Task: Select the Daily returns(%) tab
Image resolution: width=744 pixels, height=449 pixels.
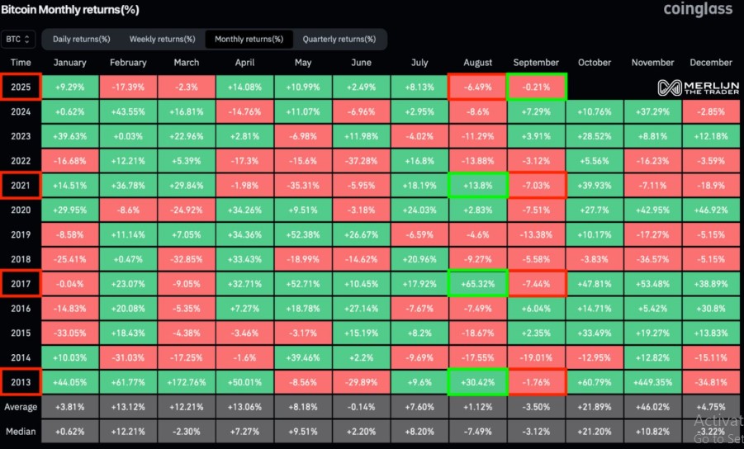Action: [x=81, y=39]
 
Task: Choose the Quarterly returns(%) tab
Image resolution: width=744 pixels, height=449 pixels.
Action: [x=339, y=39]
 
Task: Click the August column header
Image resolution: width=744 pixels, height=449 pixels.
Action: [x=477, y=63]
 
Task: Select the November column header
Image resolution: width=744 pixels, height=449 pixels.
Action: [x=652, y=63]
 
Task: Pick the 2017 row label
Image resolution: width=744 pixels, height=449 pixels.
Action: [x=21, y=284]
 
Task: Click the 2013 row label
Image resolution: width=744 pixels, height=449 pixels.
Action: [x=21, y=382]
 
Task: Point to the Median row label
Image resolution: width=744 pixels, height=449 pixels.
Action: [x=21, y=432]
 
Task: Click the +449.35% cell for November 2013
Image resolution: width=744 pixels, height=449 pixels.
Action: [x=652, y=382]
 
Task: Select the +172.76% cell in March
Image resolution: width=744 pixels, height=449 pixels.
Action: [x=186, y=382]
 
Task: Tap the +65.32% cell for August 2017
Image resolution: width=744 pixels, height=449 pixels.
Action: [x=477, y=284]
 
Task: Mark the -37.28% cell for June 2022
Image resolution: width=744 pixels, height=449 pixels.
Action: [x=360, y=161]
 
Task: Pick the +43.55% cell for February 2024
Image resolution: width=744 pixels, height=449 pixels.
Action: [x=128, y=112]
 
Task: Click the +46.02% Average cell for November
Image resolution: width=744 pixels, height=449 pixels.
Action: [x=652, y=407]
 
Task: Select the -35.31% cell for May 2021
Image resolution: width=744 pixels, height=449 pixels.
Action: [x=302, y=186]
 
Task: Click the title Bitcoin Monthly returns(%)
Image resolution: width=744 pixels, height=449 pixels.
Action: [x=69, y=10]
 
